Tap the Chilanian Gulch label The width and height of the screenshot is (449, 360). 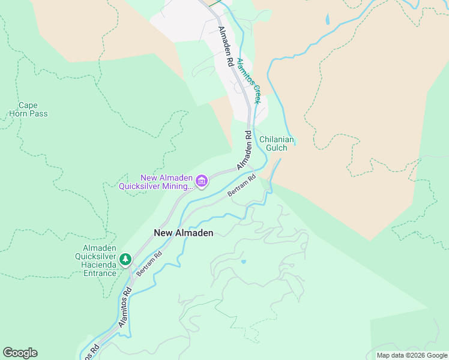(277, 143)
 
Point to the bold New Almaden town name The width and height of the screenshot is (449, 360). (183, 233)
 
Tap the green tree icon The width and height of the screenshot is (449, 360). (125, 260)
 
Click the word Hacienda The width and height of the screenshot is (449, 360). (99, 265)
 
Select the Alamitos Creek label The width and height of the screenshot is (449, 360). (249, 81)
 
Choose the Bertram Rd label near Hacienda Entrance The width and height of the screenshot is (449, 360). (149, 263)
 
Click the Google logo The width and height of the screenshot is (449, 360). (20, 353)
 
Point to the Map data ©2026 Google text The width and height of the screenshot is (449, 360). (411, 355)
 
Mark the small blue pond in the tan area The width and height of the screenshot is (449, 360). (327, 19)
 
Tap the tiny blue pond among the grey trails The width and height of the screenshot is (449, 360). (243, 262)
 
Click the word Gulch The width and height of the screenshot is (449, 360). (277, 148)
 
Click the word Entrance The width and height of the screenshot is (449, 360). (100, 274)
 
